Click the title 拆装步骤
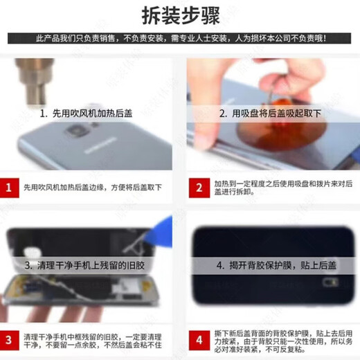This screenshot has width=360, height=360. point(180,15)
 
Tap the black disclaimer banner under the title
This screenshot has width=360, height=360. point(180,38)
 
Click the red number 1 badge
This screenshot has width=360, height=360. point(10,187)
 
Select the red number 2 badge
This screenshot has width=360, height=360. point(199,187)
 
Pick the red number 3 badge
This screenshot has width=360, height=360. point(10,339)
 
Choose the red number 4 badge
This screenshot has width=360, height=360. point(199,339)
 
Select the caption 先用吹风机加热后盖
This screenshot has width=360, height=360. point(87,112)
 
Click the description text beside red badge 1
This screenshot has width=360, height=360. point(93,187)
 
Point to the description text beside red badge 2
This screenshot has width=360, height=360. point(280,188)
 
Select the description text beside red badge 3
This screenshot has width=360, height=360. point(93,339)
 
